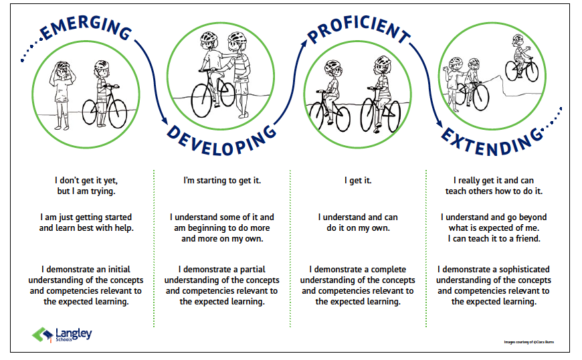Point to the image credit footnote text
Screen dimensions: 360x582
click(x=529, y=342)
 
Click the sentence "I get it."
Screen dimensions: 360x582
click(x=358, y=181)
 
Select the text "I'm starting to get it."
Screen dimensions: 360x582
click(x=221, y=181)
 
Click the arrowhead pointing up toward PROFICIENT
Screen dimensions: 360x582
click(x=304, y=42)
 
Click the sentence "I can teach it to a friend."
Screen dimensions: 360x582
click(x=494, y=239)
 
